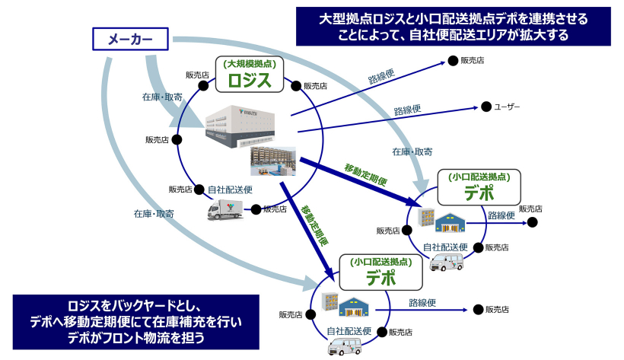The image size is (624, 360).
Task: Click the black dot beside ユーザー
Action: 485,107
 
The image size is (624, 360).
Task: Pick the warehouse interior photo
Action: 274,161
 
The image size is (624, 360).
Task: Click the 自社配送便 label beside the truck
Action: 230,190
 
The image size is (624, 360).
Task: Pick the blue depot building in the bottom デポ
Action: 354,308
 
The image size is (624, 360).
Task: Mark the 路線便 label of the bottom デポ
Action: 422,302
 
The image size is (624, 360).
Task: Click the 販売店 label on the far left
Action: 157,140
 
